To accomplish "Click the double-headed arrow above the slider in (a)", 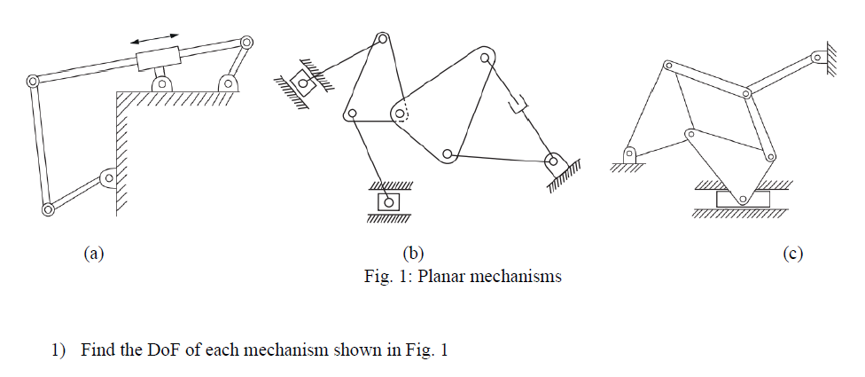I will point(154,38).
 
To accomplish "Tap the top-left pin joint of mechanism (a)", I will point(33,81).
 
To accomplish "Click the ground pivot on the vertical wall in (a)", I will point(108,179).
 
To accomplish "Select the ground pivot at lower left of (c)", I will point(628,154).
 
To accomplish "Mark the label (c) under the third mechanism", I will point(792,254).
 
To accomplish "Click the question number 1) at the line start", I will point(58,350).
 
